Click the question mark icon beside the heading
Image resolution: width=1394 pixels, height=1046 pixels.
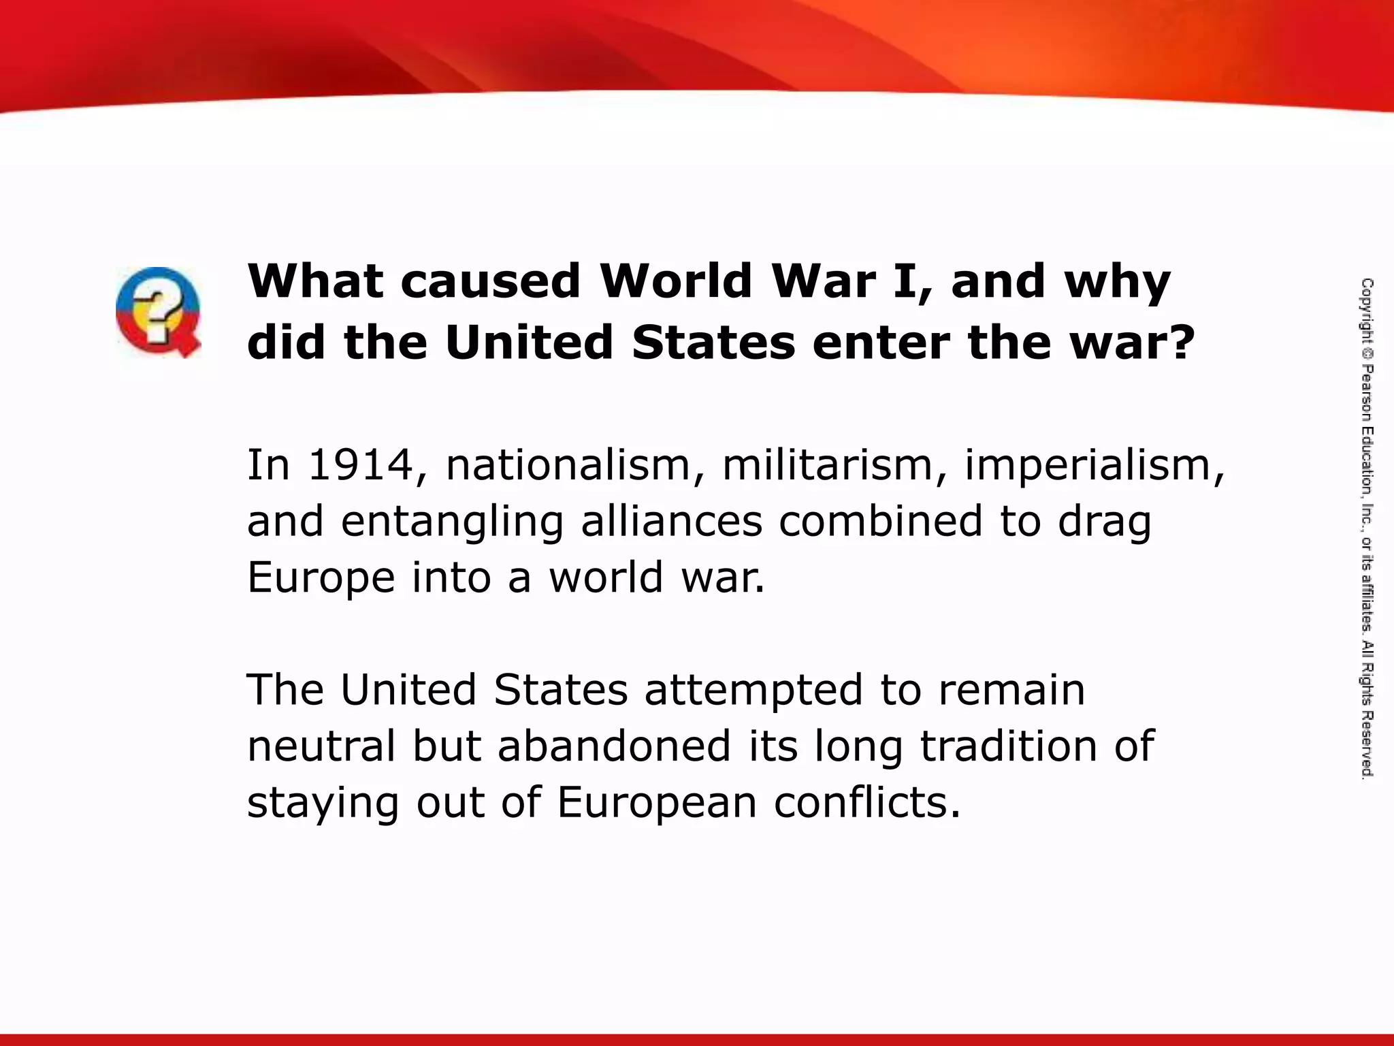point(158,313)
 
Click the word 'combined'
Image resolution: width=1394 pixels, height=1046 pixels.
point(881,522)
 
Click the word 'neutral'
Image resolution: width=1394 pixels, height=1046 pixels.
point(321,746)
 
